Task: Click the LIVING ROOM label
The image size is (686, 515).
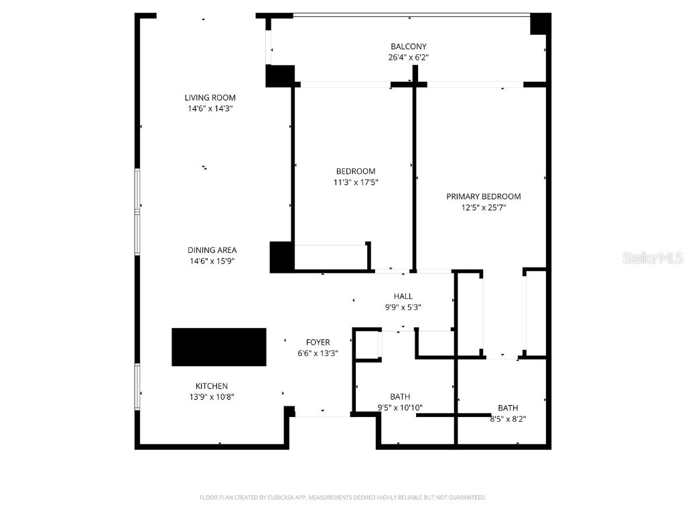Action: [x=210, y=98]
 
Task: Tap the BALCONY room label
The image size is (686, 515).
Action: [x=409, y=46]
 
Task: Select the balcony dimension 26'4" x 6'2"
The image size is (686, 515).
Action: [x=409, y=58]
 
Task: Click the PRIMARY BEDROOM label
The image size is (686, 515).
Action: [x=484, y=196]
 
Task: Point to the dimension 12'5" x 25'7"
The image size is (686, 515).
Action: [x=484, y=208]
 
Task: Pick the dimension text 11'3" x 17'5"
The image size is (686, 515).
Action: [x=355, y=182]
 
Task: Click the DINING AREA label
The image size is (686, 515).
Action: [x=212, y=250]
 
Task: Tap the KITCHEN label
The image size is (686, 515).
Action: [x=212, y=386]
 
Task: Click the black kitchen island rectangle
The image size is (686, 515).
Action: [x=219, y=347]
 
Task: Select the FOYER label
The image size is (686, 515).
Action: [x=318, y=342]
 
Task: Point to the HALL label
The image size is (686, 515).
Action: [x=403, y=296]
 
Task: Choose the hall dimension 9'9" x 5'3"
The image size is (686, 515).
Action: [x=403, y=307]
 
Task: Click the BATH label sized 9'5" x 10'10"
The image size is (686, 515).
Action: [x=400, y=396]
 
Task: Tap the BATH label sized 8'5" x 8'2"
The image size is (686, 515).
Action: [x=507, y=408]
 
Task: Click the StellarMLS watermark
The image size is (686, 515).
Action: [x=653, y=257]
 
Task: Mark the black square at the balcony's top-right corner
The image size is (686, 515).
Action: [x=540, y=23]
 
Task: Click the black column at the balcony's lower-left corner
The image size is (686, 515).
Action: [x=280, y=76]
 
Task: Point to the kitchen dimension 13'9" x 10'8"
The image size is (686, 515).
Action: [x=212, y=397]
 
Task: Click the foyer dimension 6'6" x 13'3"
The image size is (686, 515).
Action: [x=318, y=353]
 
